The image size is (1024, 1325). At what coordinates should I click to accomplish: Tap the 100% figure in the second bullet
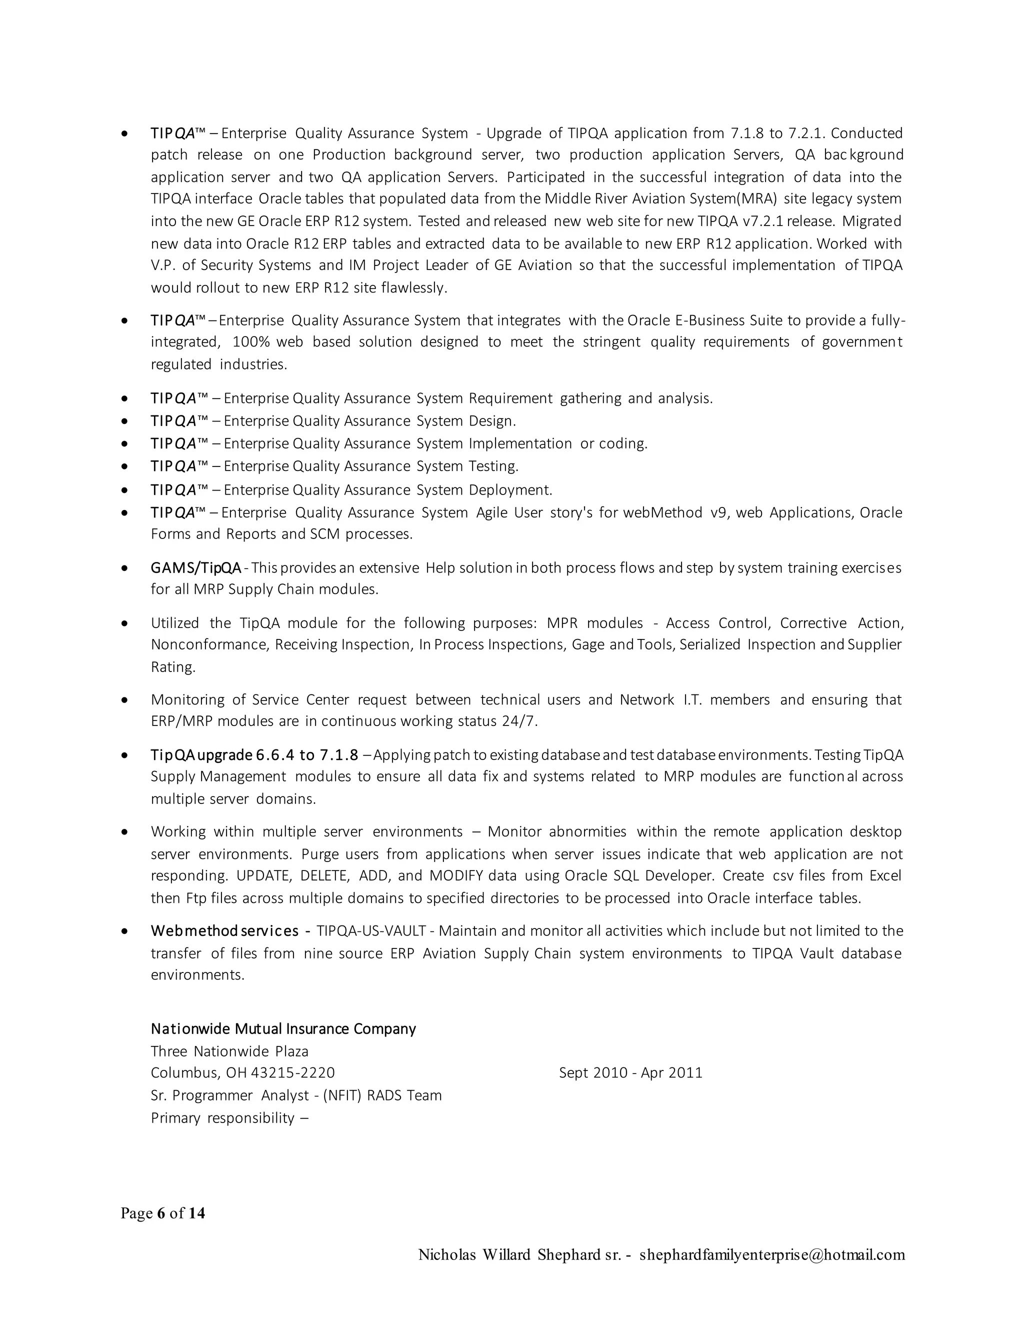tap(251, 342)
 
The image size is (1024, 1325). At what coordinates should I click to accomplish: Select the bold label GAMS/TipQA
tap(196, 568)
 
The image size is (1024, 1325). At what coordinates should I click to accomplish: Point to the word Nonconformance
tap(209, 644)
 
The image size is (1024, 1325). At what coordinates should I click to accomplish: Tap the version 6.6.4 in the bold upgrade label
tap(275, 755)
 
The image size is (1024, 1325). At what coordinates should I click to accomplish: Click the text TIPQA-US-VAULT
tap(370, 931)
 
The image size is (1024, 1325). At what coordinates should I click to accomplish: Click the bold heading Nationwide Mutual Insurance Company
tap(283, 1029)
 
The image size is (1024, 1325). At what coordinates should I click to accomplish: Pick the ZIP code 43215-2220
tap(292, 1072)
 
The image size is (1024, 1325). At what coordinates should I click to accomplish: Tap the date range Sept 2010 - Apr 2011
tap(630, 1072)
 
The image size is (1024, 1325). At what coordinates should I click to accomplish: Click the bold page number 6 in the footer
tap(161, 1213)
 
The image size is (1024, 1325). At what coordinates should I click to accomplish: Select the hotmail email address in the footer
tap(771, 1254)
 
